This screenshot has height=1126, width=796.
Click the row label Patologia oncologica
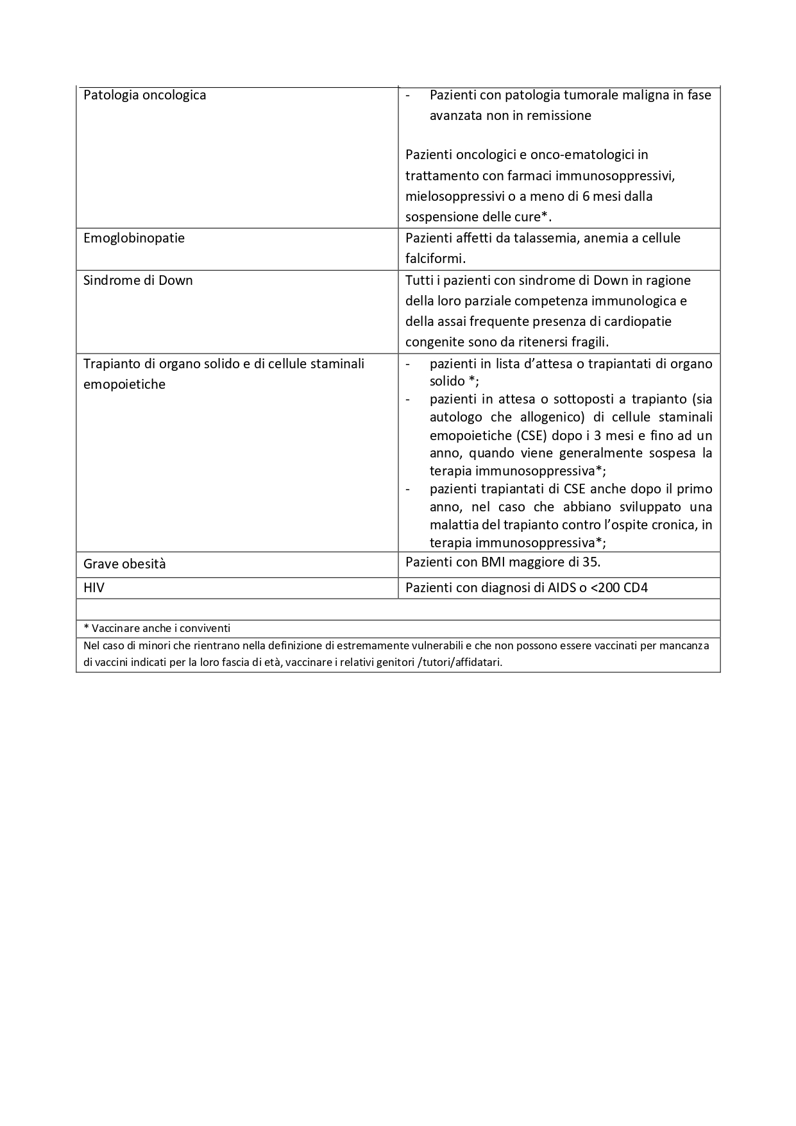[x=145, y=96]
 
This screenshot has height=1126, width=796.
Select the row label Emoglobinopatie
[x=134, y=238]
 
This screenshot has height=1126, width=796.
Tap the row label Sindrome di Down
[x=138, y=280]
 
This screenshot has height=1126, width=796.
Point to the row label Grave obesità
[x=124, y=564]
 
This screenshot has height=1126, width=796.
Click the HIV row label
[x=94, y=587]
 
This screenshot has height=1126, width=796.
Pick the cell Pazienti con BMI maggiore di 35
[x=503, y=562]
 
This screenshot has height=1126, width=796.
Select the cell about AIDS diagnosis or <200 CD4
[x=527, y=587]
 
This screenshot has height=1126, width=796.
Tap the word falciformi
[x=436, y=259]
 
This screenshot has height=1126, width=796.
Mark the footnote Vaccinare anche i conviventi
[x=157, y=628]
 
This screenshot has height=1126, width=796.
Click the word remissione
[x=559, y=116]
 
